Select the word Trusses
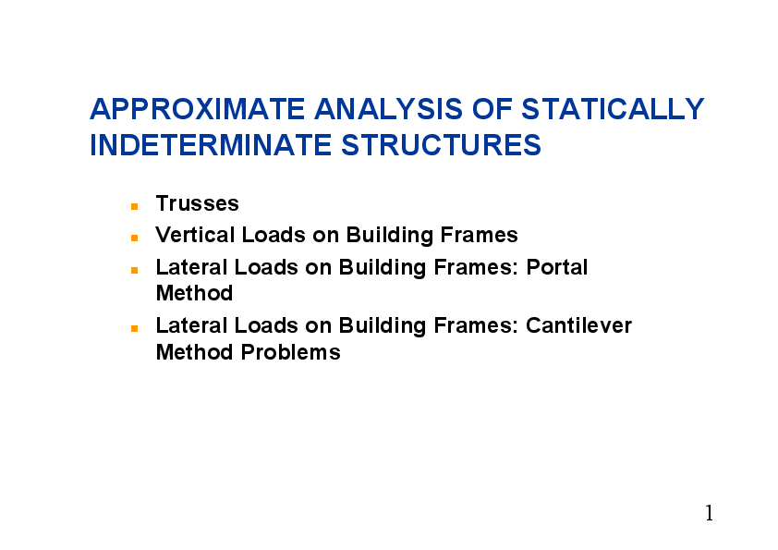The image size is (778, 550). click(197, 203)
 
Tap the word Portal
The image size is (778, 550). click(557, 267)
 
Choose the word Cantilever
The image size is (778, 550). click(578, 325)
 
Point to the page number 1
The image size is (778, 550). click(709, 513)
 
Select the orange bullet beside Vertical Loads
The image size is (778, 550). click(134, 237)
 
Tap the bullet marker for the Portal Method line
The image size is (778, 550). click(134, 269)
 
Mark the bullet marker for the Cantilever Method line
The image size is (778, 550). click(134, 327)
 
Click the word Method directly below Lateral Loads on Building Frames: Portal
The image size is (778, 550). click(194, 293)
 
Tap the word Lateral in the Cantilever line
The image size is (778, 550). click(191, 325)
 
